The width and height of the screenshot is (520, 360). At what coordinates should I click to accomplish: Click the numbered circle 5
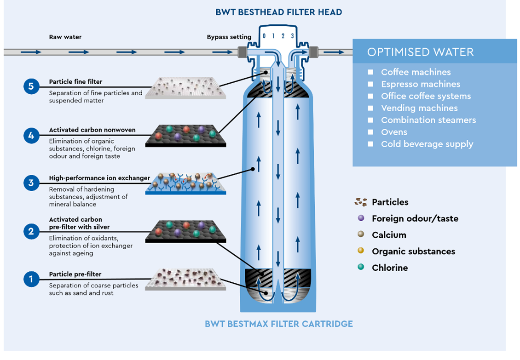[31, 86]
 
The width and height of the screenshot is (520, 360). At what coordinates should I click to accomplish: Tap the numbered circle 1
[31, 279]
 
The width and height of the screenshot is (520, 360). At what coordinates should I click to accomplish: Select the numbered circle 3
[31, 183]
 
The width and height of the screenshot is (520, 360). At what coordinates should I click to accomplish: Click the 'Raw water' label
[65, 37]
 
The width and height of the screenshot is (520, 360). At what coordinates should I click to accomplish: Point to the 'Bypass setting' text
[229, 37]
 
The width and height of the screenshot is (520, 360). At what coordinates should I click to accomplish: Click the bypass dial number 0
[264, 36]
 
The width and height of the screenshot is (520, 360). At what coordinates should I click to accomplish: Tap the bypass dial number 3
[292, 36]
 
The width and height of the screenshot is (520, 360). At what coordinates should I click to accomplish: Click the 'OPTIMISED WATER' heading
[421, 52]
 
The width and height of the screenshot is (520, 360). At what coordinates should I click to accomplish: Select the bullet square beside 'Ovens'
[370, 132]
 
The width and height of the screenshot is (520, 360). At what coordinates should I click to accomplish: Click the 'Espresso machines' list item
[421, 84]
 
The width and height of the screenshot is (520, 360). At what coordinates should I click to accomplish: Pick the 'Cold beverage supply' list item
[427, 144]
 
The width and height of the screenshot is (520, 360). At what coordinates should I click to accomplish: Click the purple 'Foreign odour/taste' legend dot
[361, 218]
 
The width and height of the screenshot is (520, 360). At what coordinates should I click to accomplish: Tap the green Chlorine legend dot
[361, 267]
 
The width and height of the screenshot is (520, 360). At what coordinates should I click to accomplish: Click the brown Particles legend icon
[361, 202]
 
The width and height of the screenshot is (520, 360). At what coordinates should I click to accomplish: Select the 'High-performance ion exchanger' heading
[99, 178]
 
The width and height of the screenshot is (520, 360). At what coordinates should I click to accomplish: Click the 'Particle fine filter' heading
[75, 81]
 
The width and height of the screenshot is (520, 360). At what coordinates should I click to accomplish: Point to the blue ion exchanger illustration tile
[186, 183]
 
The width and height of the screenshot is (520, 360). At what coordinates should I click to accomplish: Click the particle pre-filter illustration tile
[186, 280]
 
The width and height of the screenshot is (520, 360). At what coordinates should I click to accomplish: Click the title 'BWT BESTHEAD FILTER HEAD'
[278, 12]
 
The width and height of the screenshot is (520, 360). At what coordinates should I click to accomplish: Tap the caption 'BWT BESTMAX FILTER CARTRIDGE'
[278, 324]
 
